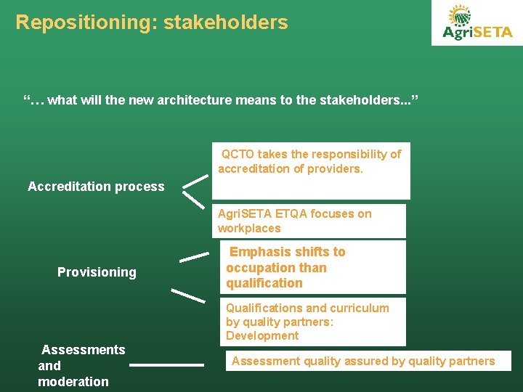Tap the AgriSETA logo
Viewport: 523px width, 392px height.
coord(477,23)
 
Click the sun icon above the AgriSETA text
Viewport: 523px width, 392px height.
coord(460,15)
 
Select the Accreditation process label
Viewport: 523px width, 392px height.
coord(96,187)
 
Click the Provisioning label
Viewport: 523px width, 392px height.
coord(97,272)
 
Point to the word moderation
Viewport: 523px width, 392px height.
coord(73,382)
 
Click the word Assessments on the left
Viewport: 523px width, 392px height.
coord(84,350)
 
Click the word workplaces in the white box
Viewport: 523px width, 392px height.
coord(249,229)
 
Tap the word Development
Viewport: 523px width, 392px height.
coord(262,335)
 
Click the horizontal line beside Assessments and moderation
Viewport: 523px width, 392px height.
coord(166,365)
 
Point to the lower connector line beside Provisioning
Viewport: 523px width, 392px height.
coord(187,295)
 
